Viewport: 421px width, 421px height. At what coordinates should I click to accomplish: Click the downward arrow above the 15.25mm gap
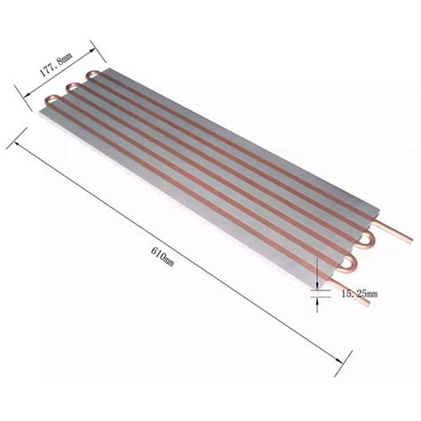pyautogui.click(x=314, y=285)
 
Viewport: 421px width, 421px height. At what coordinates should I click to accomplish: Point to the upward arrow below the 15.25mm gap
pyautogui.click(x=314, y=299)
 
